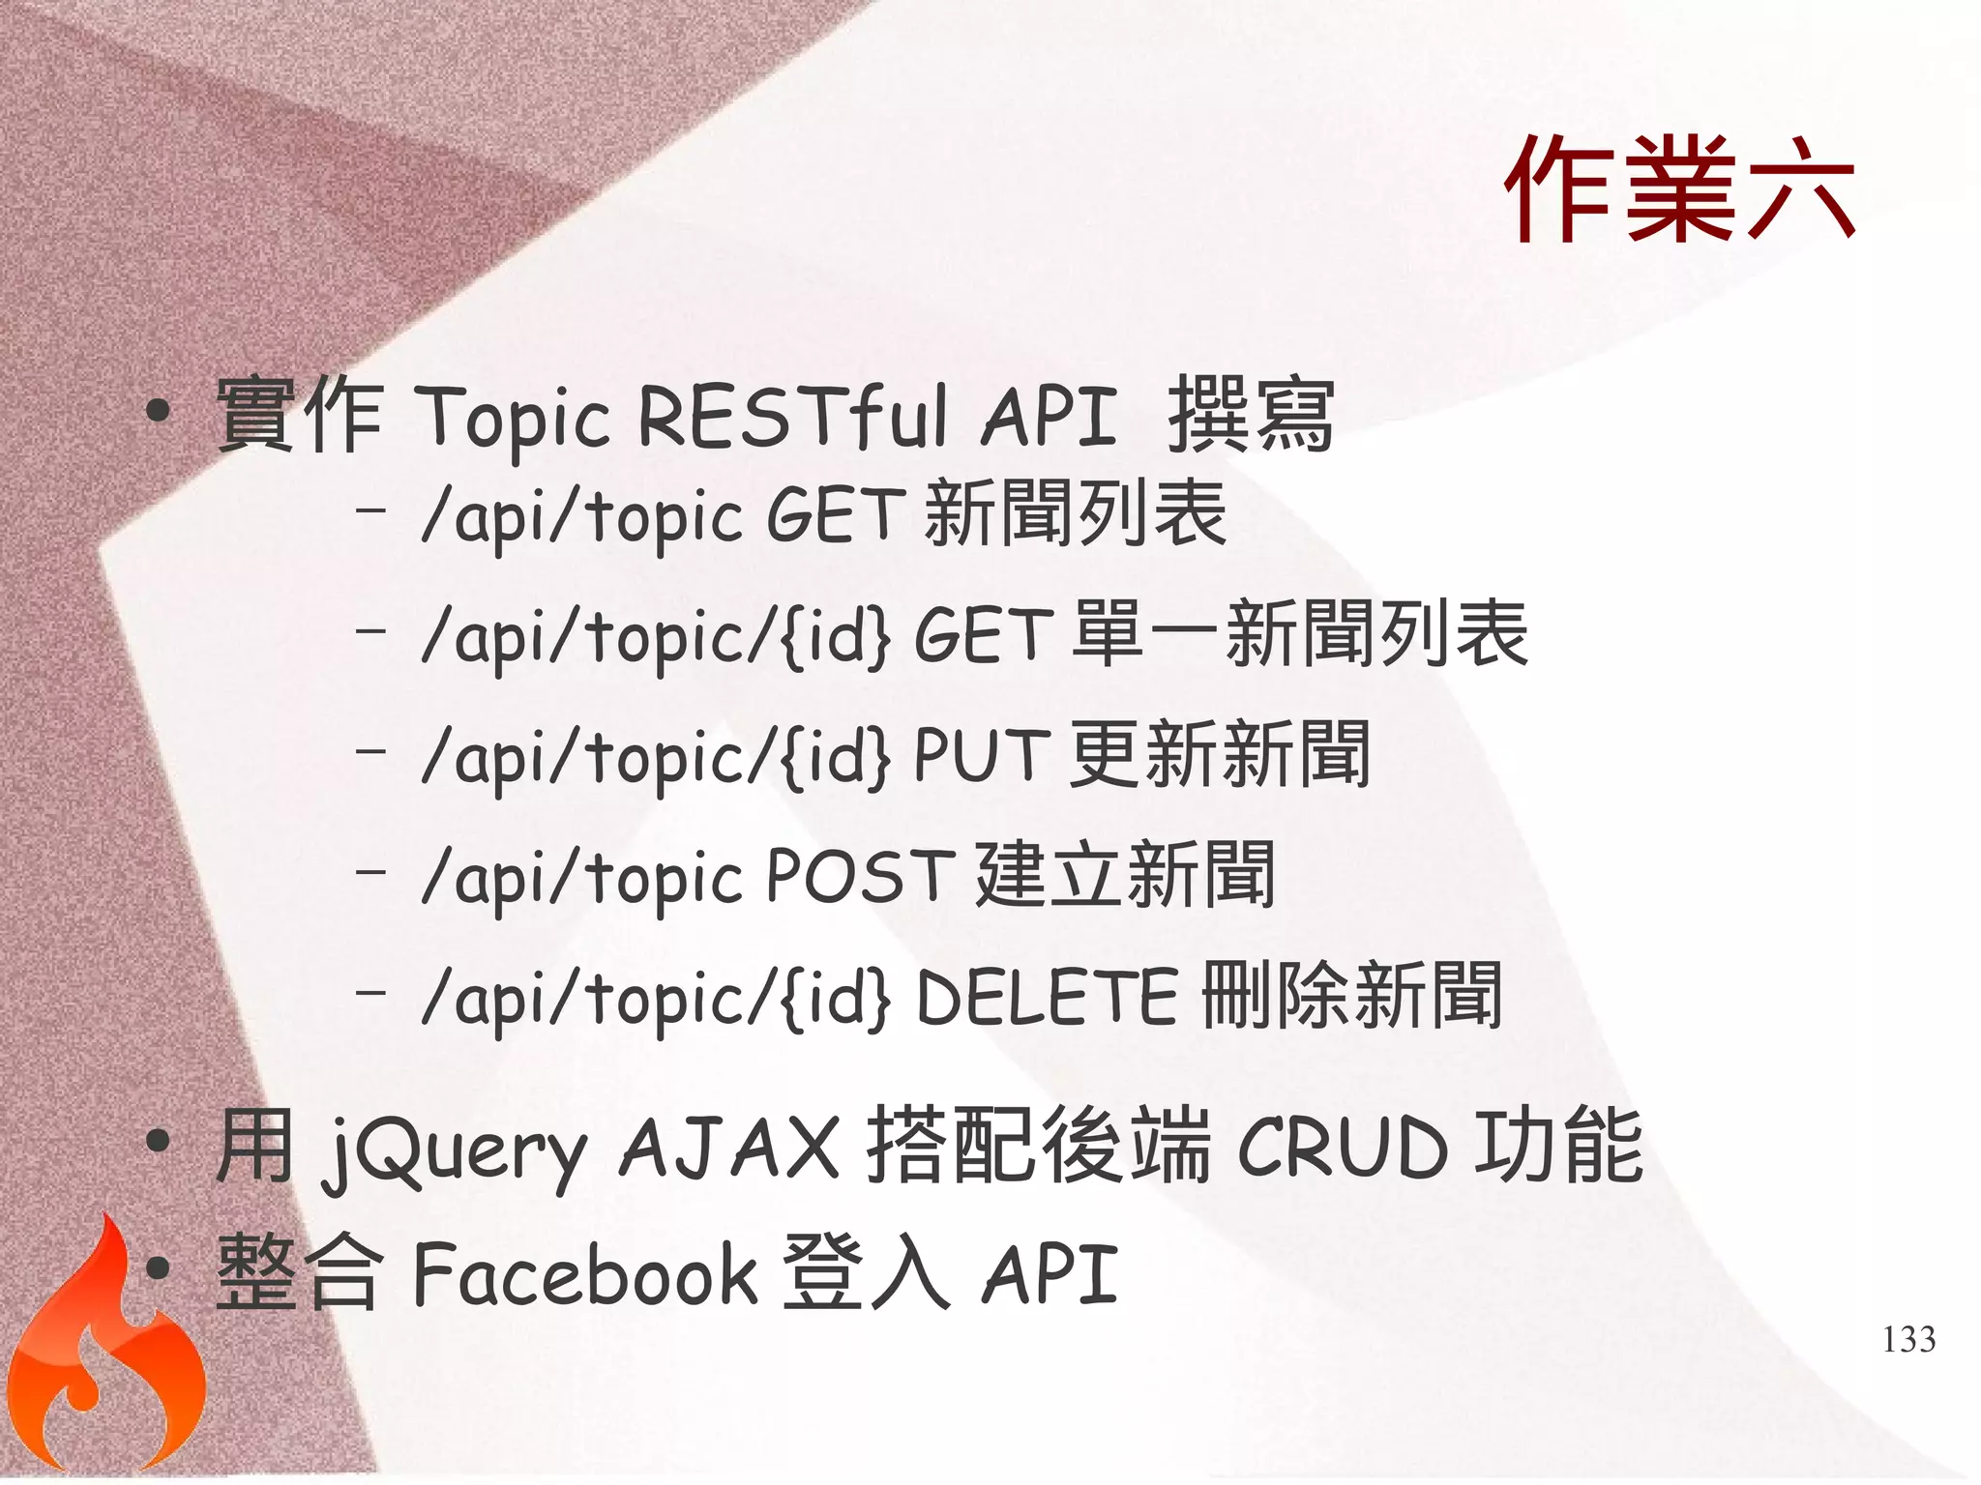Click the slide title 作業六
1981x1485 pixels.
pyautogui.click(x=1678, y=189)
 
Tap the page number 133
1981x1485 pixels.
pyautogui.click(x=1908, y=1339)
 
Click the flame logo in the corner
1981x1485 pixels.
pyautogui.click(x=102, y=1354)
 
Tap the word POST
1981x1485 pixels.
pyautogui.click(x=860, y=876)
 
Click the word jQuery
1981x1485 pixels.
pyautogui.click(x=455, y=1150)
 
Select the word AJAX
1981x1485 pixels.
pyautogui.click(x=729, y=1147)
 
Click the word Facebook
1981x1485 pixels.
pyautogui.click(x=585, y=1274)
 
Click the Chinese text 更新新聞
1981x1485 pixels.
pyautogui.click(x=1221, y=754)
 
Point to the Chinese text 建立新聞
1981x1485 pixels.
pyautogui.click(x=1125, y=875)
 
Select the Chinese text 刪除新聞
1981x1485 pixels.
pyautogui.click(x=1352, y=995)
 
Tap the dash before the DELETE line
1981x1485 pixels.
pyautogui.click(x=370, y=991)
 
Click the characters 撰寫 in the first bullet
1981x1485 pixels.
pyautogui.click(x=1251, y=416)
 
